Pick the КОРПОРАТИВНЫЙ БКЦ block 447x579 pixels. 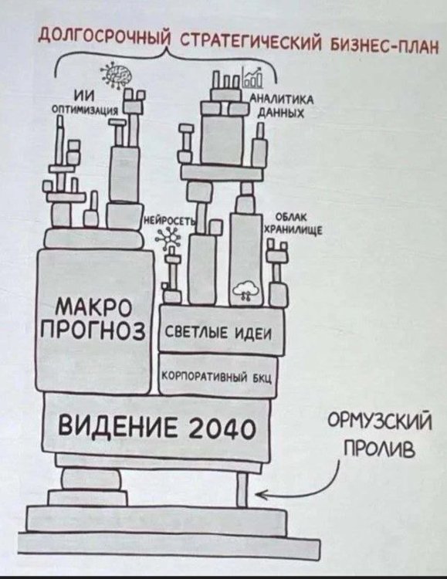click(219, 378)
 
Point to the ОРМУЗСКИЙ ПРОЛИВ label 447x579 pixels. click(381, 436)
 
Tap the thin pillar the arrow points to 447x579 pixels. click(242, 489)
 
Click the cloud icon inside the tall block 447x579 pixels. click(248, 290)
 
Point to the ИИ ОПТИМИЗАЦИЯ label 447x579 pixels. click(85, 103)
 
